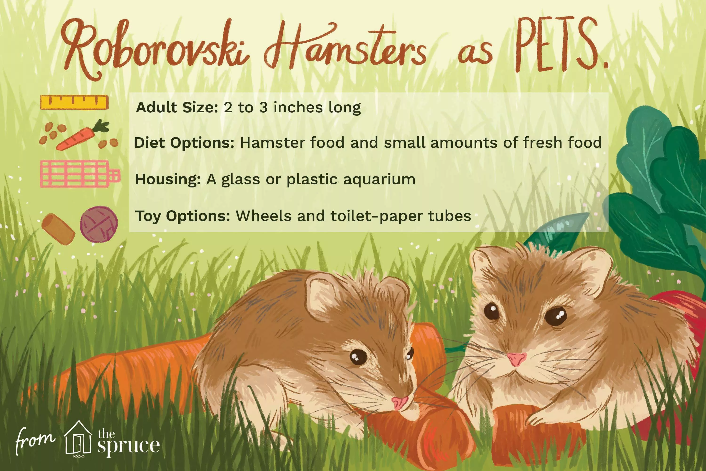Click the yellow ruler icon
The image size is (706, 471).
point(74,102)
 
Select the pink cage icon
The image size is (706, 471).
point(80,174)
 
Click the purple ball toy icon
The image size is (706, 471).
point(99,224)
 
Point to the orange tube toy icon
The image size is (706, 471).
point(58,229)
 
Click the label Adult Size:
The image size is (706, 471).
point(177,108)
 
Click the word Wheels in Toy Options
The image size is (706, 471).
point(264,216)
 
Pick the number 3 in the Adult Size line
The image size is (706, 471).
point(263,108)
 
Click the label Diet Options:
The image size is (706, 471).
point(184,143)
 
